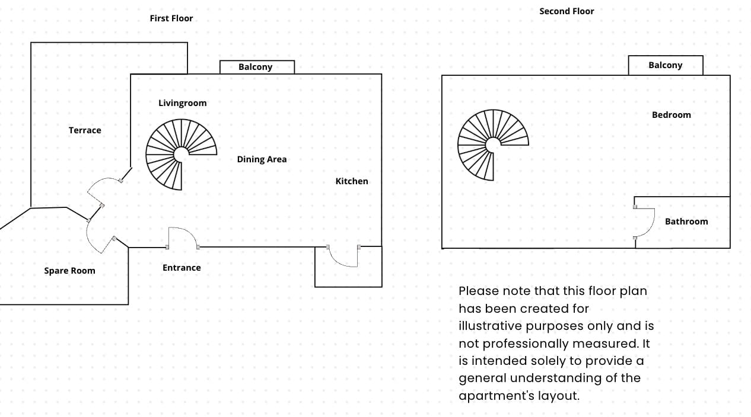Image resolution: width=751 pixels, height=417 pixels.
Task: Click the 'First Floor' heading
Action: click(x=171, y=18)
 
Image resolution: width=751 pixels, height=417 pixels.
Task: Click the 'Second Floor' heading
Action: click(x=567, y=11)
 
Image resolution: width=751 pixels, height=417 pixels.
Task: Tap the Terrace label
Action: click(x=85, y=130)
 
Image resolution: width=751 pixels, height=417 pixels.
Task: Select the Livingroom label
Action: click(x=183, y=103)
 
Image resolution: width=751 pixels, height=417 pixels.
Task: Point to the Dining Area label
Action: click(x=262, y=159)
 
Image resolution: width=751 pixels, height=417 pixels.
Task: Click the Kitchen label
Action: click(x=352, y=181)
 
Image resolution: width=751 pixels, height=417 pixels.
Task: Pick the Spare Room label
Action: click(x=69, y=271)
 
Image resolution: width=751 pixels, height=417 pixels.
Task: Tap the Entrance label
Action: click(x=182, y=268)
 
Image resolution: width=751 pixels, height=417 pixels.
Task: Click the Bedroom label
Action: click(x=672, y=115)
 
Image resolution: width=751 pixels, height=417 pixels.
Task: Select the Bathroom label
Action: click(x=686, y=222)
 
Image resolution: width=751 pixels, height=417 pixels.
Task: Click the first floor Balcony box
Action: click(x=256, y=67)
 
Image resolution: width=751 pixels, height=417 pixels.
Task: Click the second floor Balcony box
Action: click(x=666, y=65)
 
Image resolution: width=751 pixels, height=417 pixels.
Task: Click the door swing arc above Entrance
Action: click(x=183, y=233)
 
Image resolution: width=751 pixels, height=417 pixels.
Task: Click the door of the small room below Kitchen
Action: click(x=341, y=261)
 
